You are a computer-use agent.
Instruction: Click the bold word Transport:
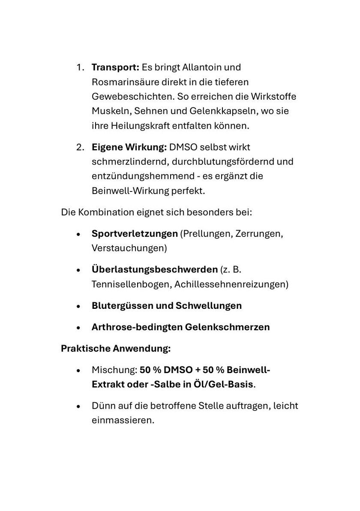(115, 67)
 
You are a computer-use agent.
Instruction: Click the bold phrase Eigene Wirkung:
(129, 147)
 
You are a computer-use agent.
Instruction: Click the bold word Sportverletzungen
(135, 234)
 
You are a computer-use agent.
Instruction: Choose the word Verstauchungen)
(129, 248)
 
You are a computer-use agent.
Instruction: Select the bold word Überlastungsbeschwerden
(155, 270)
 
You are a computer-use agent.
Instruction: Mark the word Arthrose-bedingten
(137, 327)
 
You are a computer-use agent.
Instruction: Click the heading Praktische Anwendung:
(116, 349)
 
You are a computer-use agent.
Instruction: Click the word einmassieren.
(123, 420)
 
